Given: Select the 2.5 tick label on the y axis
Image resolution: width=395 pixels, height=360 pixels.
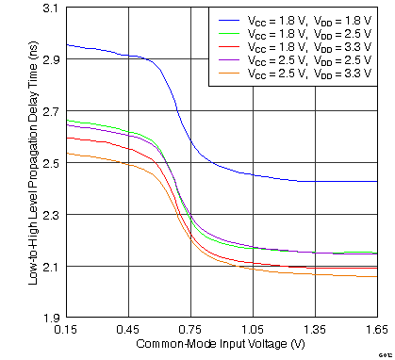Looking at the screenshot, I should tap(49, 163).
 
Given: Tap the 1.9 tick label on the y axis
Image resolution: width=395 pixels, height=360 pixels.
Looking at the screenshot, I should tap(49, 319).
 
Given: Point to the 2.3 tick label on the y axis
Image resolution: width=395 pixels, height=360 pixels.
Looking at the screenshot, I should tap(49, 215).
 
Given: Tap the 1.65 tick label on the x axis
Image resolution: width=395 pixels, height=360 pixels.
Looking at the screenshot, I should tap(375, 331).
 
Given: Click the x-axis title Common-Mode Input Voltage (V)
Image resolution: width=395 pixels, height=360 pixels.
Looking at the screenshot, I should tap(222, 345).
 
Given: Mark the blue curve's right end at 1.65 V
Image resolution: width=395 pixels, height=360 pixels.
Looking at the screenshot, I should tap(377, 182).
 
